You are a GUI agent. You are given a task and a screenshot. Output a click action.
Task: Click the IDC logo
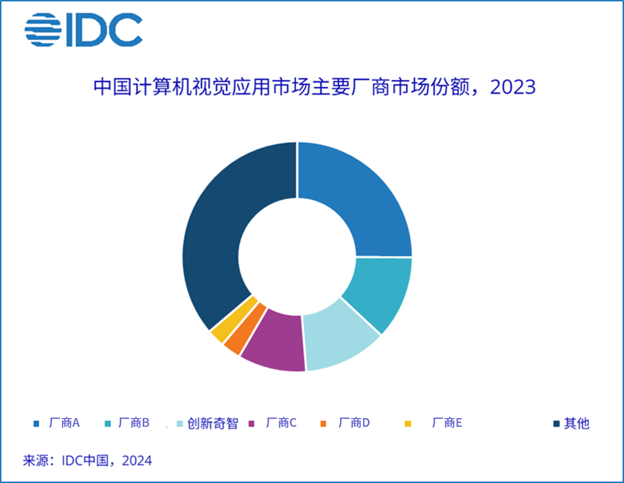[x=83, y=30]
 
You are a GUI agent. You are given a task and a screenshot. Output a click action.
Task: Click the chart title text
[x=314, y=87]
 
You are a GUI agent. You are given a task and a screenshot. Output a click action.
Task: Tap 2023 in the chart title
[x=512, y=87]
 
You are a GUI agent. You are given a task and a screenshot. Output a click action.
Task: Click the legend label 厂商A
[x=64, y=423]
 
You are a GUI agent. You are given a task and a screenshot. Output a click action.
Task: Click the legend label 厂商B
[x=133, y=423]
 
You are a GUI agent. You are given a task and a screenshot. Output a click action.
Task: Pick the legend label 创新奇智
[x=212, y=424]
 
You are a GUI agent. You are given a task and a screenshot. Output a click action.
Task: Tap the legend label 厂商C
[x=281, y=423]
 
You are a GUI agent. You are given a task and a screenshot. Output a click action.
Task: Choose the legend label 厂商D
[x=354, y=423]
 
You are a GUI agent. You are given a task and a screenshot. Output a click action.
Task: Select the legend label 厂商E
[x=447, y=423]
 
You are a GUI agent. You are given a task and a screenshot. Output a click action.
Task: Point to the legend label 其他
[x=577, y=423]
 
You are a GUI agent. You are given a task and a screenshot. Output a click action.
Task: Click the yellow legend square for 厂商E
[x=407, y=424]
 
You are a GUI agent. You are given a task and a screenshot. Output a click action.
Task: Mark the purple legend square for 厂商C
[x=251, y=424]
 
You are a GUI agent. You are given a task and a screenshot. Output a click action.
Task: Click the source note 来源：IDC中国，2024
[x=87, y=461]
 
